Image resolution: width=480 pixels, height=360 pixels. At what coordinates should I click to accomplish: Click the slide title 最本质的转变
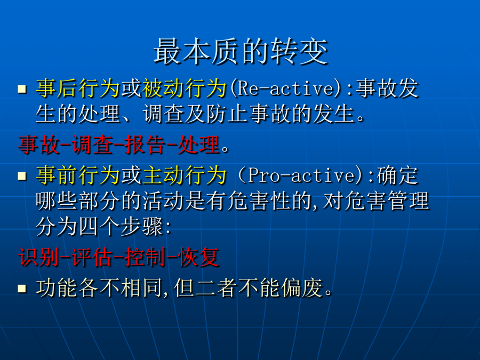click(241, 51)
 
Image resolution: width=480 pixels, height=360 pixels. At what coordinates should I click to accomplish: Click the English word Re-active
click(286, 88)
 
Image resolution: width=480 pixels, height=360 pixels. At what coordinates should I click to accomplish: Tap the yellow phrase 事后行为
click(78, 88)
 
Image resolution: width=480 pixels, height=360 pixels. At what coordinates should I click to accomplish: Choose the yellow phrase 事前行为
click(78, 175)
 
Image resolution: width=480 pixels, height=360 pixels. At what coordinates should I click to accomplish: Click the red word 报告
click(145, 144)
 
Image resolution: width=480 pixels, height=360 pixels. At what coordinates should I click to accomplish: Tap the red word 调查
click(92, 144)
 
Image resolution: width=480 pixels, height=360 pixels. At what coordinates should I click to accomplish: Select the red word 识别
click(38, 257)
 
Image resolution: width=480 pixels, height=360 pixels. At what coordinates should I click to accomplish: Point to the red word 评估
click(92, 257)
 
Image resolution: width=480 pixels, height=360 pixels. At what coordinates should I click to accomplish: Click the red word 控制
click(145, 257)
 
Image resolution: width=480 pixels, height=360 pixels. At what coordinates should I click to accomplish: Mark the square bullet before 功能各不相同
click(22, 289)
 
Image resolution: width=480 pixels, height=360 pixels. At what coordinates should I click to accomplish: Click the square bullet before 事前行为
click(22, 176)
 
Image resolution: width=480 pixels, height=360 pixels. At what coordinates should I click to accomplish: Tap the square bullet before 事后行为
click(22, 89)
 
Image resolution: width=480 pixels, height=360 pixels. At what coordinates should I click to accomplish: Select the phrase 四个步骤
click(121, 227)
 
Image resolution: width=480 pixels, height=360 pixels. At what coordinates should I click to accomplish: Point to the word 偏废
click(302, 288)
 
